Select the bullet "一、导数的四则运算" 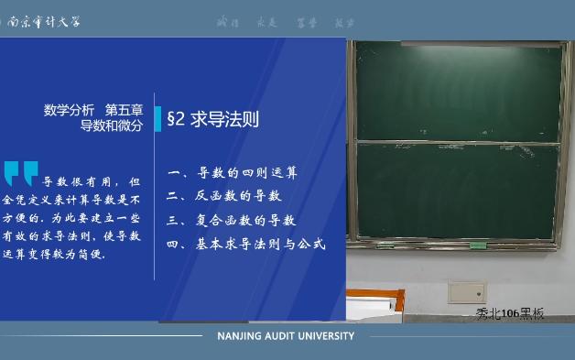233,172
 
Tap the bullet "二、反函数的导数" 225,196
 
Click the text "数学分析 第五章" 93,110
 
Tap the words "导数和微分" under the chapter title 112,126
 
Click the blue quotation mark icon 21,172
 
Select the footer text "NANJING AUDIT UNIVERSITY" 286,336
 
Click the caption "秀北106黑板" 510,313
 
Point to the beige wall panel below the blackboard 467,292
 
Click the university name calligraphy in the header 44,21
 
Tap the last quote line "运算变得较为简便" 55,255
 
